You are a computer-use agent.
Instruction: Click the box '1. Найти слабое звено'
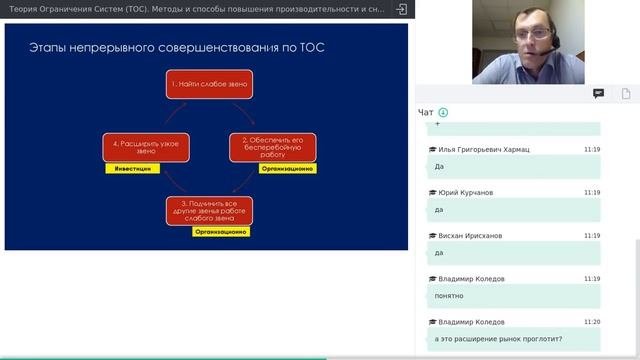point(209,85)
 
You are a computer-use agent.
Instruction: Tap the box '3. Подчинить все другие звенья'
point(209,211)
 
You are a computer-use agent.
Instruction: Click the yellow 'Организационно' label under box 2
point(287,169)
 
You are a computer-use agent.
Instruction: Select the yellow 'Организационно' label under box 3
point(221,231)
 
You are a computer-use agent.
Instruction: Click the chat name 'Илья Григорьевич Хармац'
point(483,149)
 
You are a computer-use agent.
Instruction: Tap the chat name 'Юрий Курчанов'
point(465,192)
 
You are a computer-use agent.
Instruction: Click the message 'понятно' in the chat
point(448,296)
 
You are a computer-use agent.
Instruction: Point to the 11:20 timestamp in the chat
point(591,322)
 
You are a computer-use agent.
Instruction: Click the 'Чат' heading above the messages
point(426,112)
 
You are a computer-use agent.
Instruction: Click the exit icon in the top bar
point(402,8)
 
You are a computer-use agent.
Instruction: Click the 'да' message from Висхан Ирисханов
point(440,253)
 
